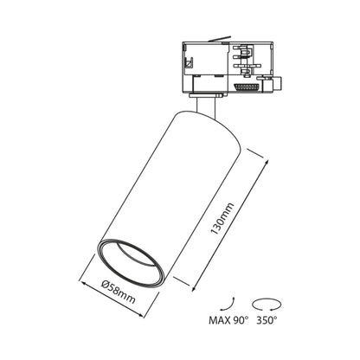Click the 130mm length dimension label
click(x=222, y=219)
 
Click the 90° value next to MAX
click(x=240, y=320)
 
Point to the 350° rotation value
click(x=267, y=320)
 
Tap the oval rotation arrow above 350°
click(x=267, y=304)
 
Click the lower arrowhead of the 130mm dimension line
click(x=194, y=288)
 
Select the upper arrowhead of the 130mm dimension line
click(x=267, y=163)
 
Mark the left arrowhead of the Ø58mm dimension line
click(x=83, y=283)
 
